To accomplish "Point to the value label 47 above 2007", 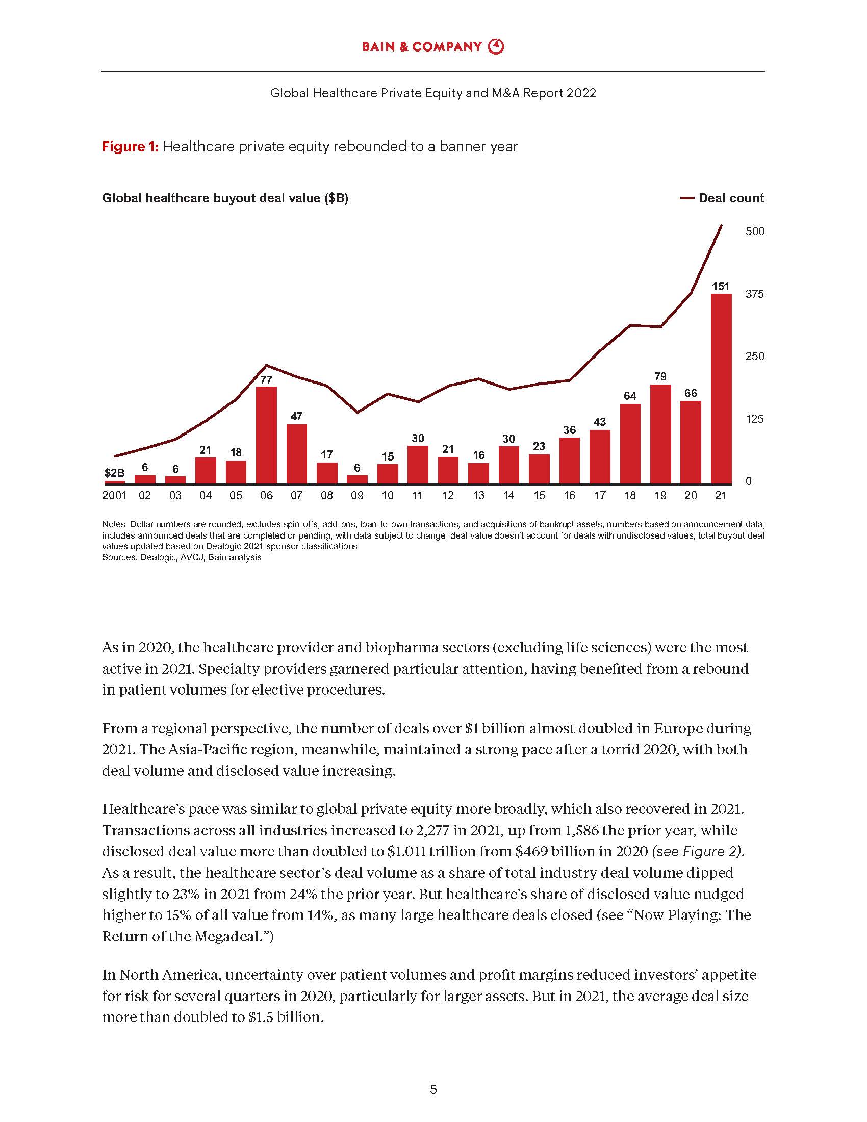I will coord(296,416).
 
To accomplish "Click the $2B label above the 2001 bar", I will coord(114,473).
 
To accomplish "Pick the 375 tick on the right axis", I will coord(754,294).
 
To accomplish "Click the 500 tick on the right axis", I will coord(754,231).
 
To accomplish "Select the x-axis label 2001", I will coord(114,495).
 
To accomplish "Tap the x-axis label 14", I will coord(508,495).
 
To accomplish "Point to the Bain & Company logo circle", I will coord(496,47).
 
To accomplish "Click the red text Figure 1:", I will coord(131,147).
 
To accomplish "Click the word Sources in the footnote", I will coord(119,557).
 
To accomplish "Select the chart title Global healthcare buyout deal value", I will coord(225,198).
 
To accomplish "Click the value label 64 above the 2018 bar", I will coord(630,396).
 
